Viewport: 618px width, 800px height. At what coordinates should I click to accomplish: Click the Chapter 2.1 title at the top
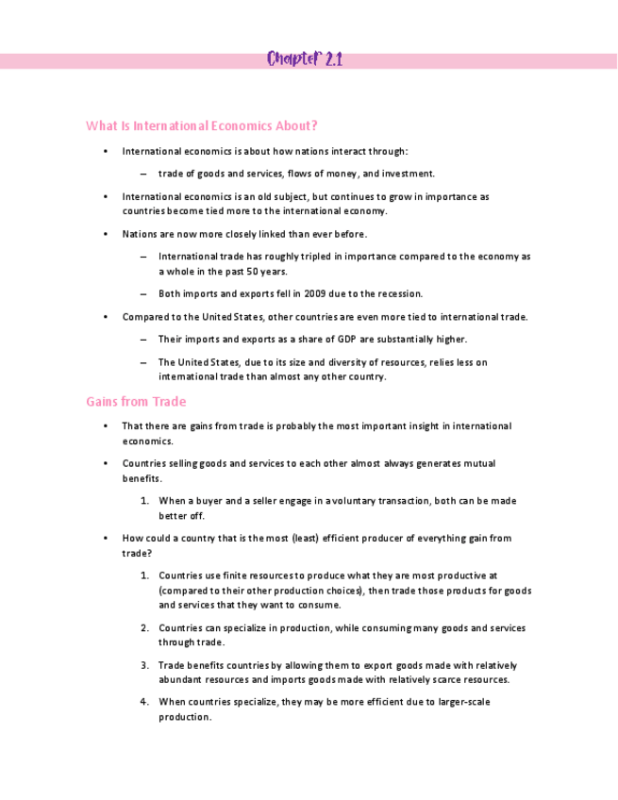[x=304, y=60]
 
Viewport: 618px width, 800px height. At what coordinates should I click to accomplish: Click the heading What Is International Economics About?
[x=202, y=125]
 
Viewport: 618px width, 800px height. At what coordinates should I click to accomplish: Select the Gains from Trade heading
[x=136, y=402]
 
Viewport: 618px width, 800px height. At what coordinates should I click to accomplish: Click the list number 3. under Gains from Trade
[x=144, y=665]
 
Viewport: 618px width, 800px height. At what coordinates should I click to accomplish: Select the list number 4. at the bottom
[x=144, y=702]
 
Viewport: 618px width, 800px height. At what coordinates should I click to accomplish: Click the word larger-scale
[x=461, y=702]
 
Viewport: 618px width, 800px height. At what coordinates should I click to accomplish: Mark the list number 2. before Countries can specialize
[x=144, y=628]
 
